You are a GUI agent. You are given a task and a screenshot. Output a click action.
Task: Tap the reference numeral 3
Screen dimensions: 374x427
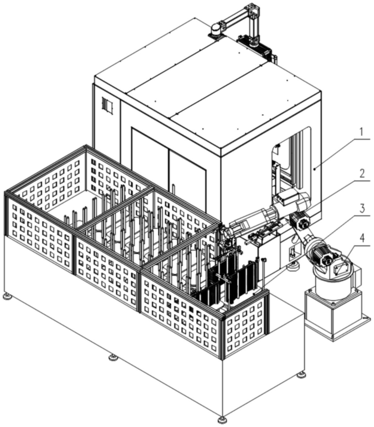(362, 209)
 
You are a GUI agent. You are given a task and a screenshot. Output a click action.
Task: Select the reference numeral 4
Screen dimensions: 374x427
(362, 239)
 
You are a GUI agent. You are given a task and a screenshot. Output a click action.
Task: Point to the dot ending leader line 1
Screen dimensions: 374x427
(315, 169)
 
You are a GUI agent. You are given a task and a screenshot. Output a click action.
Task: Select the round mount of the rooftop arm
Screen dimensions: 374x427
(217, 29)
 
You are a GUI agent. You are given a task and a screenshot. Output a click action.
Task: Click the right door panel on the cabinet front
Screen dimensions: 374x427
(187, 170)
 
